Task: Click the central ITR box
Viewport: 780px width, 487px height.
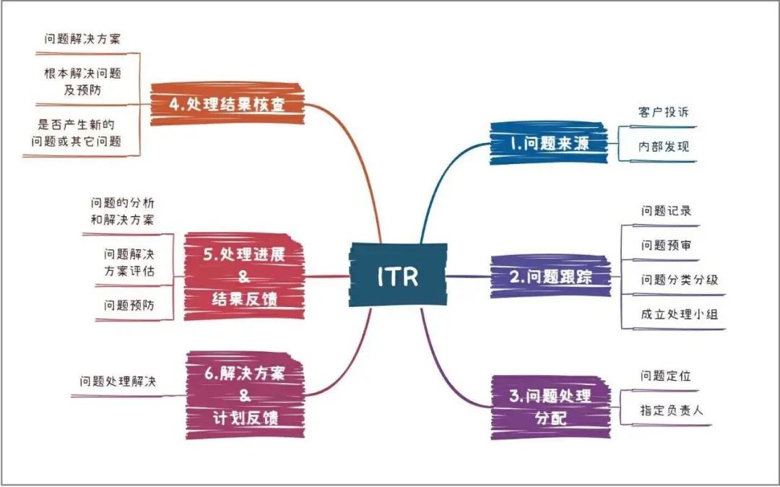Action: coord(398,275)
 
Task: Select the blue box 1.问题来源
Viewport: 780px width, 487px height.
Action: coord(549,143)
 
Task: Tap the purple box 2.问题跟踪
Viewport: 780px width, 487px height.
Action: coord(550,277)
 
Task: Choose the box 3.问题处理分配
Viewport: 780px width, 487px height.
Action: coord(550,408)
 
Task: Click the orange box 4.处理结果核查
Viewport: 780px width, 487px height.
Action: coord(227,104)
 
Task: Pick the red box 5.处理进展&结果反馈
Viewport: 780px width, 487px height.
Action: coord(244,276)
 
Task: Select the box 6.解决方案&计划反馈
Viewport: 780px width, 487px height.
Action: coord(245,395)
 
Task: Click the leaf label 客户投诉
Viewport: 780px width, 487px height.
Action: coord(664,112)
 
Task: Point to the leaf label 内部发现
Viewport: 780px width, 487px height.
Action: coord(664,146)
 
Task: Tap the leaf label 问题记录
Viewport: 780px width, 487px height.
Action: coord(666,211)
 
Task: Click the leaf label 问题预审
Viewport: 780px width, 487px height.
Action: coord(666,245)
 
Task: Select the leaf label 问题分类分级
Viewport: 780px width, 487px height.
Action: coord(680,280)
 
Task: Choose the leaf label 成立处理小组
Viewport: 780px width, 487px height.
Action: coord(680,314)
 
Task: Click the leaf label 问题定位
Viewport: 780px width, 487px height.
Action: coord(666,376)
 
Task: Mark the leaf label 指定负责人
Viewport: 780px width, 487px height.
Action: coord(672,410)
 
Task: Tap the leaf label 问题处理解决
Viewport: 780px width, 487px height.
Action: coord(118,382)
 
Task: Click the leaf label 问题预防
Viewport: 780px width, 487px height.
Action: coord(129,305)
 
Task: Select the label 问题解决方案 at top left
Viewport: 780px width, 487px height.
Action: coord(82,39)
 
